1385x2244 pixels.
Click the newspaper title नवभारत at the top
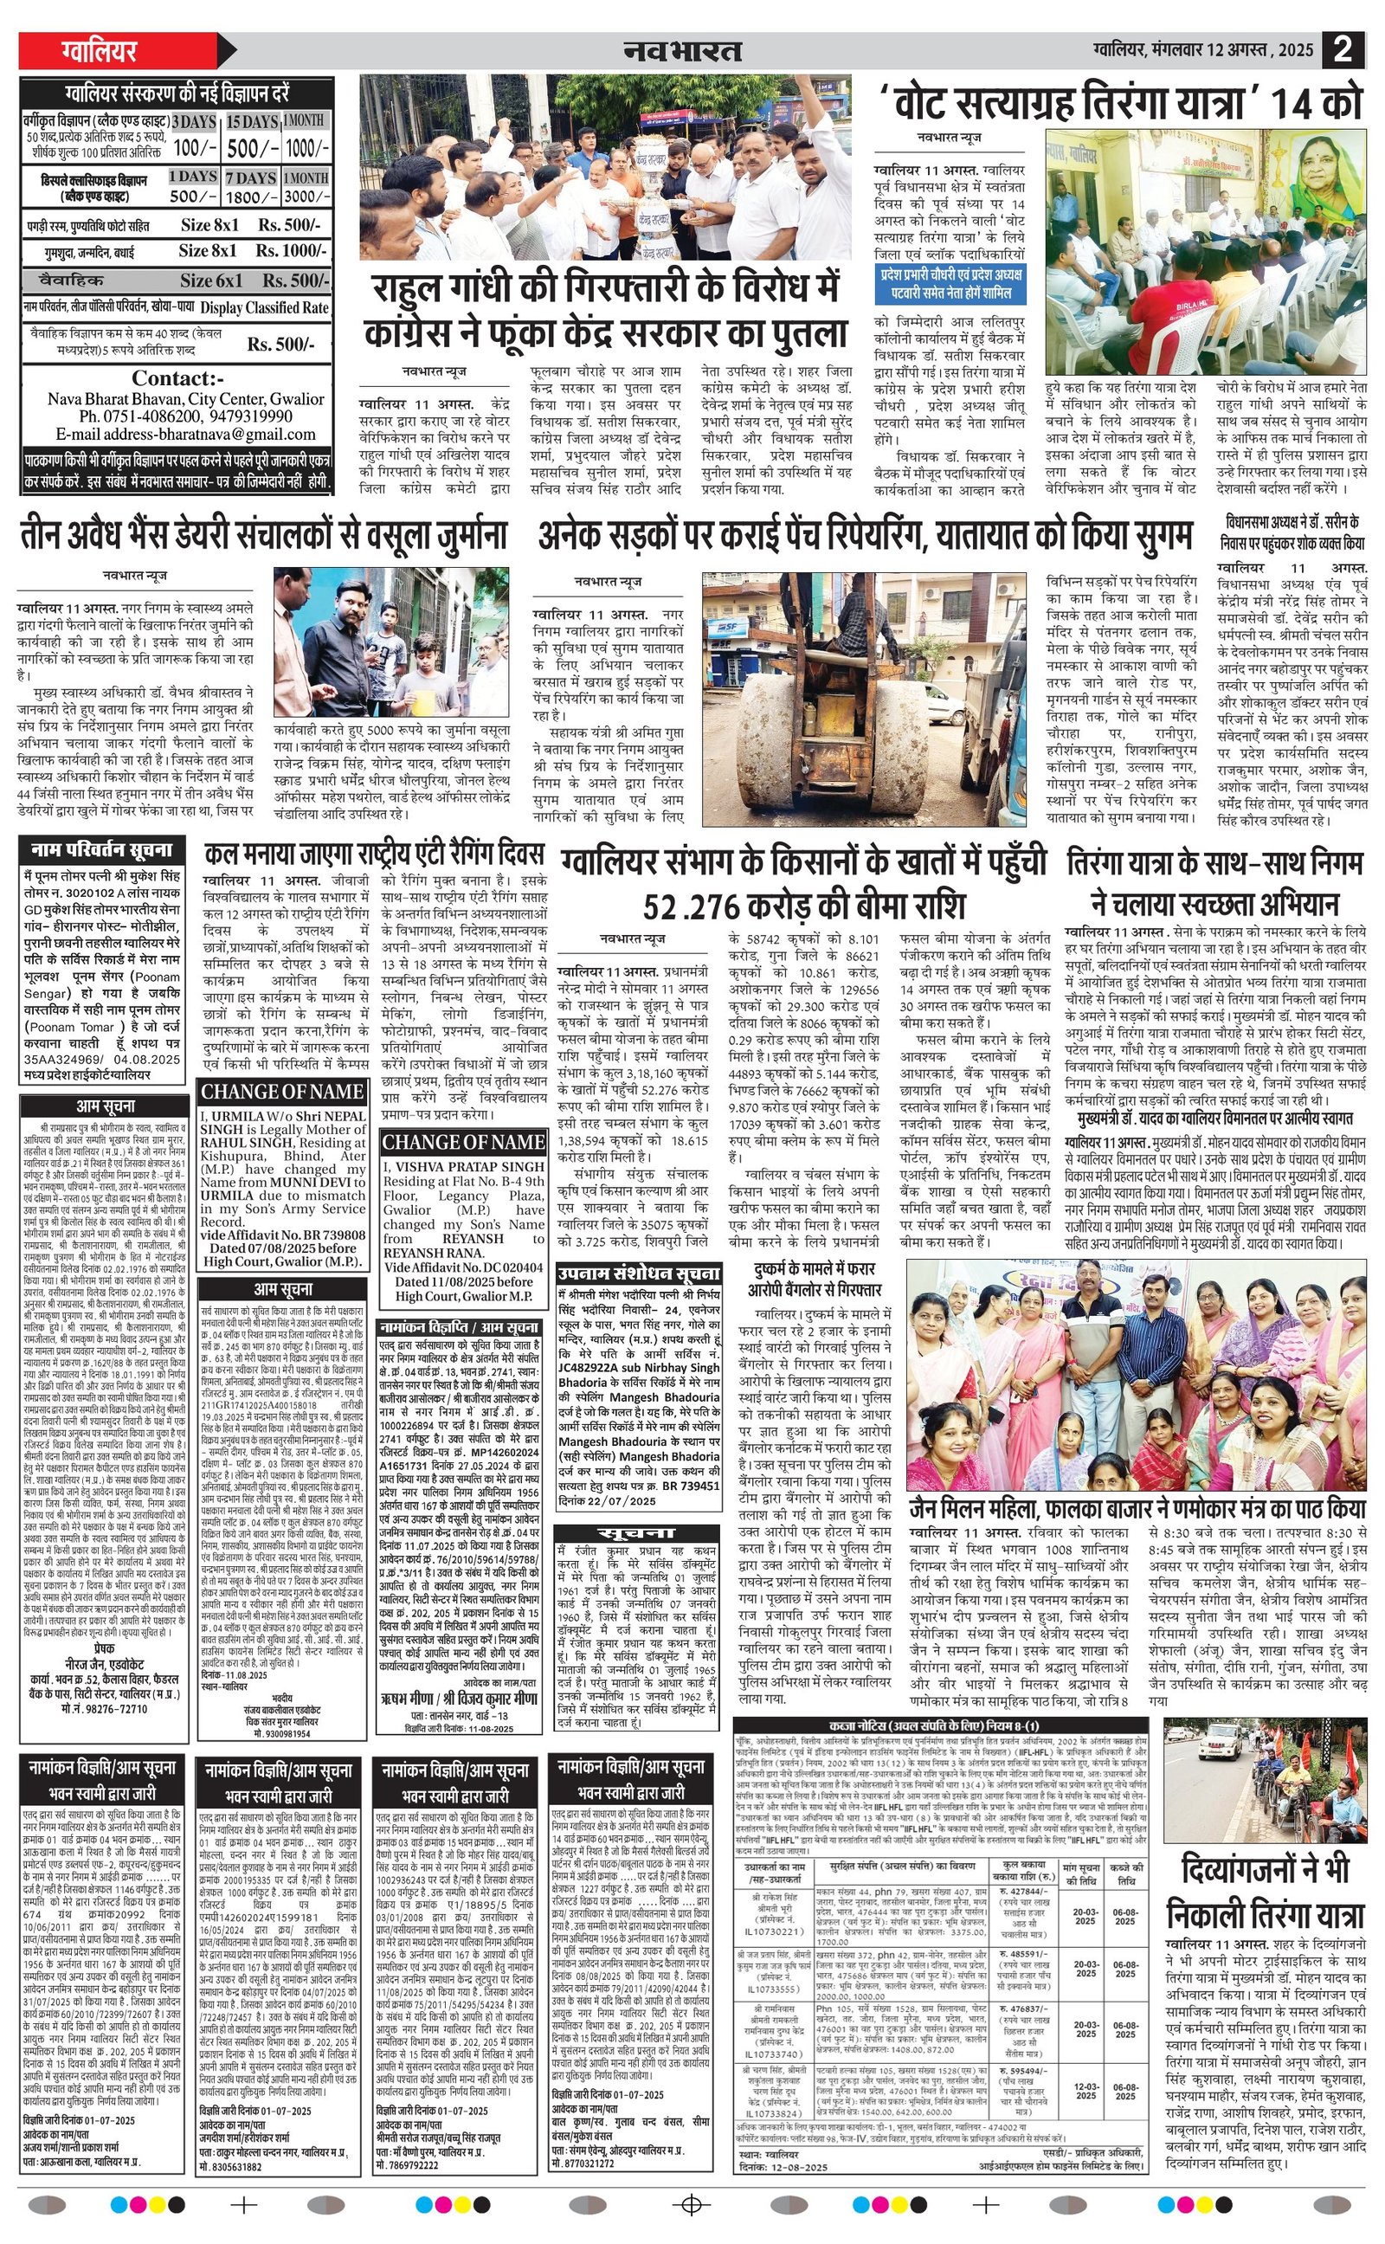[682, 50]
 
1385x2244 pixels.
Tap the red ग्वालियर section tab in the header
[100, 50]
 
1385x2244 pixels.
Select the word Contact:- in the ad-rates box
[177, 378]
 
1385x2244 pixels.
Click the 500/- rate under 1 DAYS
[193, 196]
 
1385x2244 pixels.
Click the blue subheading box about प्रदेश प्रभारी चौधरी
[949, 284]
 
